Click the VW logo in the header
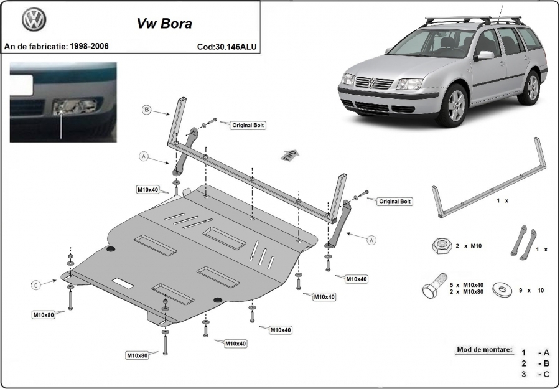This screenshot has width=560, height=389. point(34,20)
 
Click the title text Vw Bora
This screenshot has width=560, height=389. point(164,23)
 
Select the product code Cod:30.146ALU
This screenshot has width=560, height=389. point(226,47)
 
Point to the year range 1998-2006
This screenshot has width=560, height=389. point(89,46)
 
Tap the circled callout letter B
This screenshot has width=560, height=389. point(146,110)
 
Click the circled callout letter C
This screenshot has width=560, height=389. point(35,285)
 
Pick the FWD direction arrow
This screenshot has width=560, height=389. point(290,155)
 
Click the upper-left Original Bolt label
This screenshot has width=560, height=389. point(248,125)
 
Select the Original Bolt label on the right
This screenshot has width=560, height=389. point(394,202)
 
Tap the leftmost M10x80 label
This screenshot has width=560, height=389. point(44,315)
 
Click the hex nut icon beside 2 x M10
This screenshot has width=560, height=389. point(442,246)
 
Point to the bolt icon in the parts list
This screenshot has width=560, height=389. point(434,286)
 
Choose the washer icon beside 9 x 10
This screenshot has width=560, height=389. point(502,289)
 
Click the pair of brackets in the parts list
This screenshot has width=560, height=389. point(523,242)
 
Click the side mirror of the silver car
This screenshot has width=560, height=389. point(485,55)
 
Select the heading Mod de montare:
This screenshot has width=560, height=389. point(484,349)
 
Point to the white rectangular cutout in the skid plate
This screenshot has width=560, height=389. point(123,283)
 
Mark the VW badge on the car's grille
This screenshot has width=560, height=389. point(372,83)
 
